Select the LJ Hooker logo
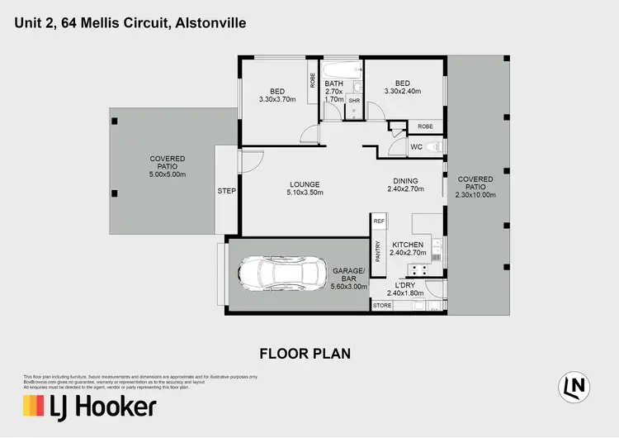click(x=89, y=406)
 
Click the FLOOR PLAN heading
click(x=305, y=354)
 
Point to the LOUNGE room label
click(x=305, y=183)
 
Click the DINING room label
click(x=405, y=181)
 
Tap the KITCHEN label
click(x=408, y=245)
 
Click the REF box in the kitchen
click(x=379, y=221)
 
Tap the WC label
click(x=418, y=148)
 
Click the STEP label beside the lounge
click(x=226, y=191)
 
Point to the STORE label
click(x=382, y=306)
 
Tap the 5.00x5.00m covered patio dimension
click(x=168, y=175)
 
